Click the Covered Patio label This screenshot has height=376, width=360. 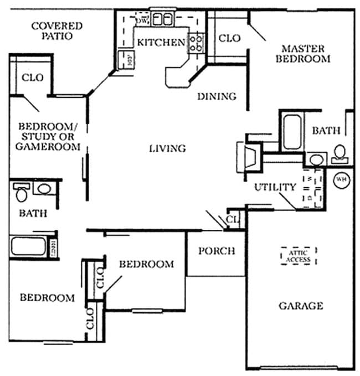pyautogui.click(x=56, y=30)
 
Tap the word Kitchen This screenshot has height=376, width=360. pyautogui.click(x=161, y=43)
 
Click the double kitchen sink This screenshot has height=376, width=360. pyautogui.click(x=162, y=19)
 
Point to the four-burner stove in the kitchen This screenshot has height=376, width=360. pyautogui.click(x=196, y=43)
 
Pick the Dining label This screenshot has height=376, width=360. pyautogui.click(x=217, y=96)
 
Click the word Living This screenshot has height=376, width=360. pyautogui.click(x=167, y=148)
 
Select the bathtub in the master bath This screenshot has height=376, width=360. pyautogui.click(x=291, y=132)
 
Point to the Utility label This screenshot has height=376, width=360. pyautogui.click(x=275, y=187)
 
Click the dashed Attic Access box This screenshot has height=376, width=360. pyautogui.click(x=299, y=256)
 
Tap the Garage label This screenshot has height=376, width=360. pyautogui.click(x=300, y=306)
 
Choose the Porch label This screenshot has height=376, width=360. pyautogui.click(x=216, y=251)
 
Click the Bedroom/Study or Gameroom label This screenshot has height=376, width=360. pyautogui.click(x=48, y=136)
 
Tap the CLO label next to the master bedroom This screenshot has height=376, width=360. pyautogui.click(x=229, y=38)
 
